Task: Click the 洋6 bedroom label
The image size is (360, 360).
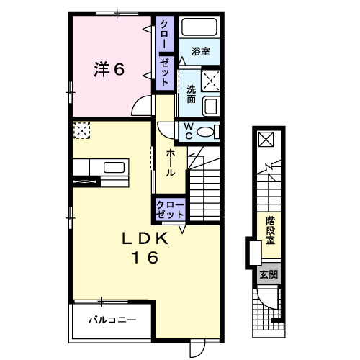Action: (109, 70)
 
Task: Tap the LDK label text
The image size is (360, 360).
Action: (145, 239)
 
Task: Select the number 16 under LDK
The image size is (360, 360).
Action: (145, 257)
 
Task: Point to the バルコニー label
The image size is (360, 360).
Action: (112, 320)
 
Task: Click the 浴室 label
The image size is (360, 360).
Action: (201, 52)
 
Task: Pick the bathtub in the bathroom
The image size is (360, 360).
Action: (199, 27)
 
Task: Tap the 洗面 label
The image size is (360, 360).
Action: (192, 94)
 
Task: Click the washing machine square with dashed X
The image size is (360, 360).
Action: (210, 81)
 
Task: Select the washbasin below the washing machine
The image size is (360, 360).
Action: (211, 107)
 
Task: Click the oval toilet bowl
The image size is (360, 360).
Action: (205, 132)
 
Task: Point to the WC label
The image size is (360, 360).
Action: (189, 131)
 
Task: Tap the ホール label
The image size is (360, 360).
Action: (170, 163)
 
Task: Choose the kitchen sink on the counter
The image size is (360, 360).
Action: (114, 168)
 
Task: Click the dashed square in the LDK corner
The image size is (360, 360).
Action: (82, 130)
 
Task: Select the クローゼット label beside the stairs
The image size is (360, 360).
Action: (170, 210)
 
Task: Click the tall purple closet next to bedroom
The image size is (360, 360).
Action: (165, 53)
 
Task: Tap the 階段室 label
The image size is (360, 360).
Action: (270, 230)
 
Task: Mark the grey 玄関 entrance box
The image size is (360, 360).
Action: (269, 274)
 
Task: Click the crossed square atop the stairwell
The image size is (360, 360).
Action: (266, 140)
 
